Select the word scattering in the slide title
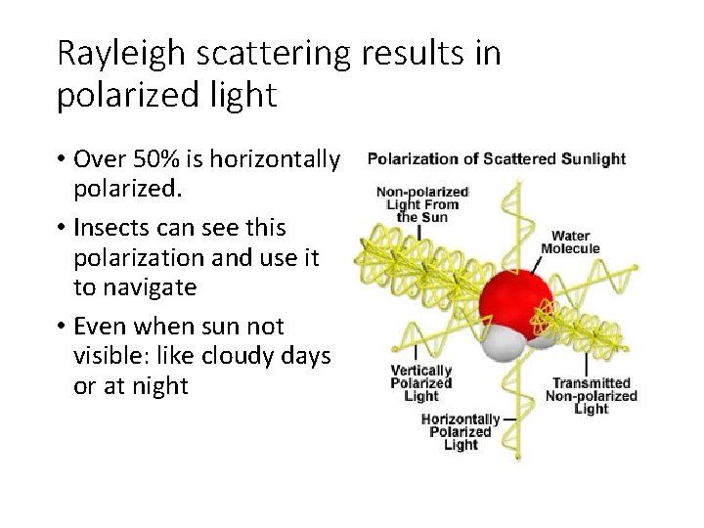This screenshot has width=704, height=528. click(x=279, y=54)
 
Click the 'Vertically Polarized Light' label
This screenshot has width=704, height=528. click(x=420, y=383)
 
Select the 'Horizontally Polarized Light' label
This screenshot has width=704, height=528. click(x=461, y=431)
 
